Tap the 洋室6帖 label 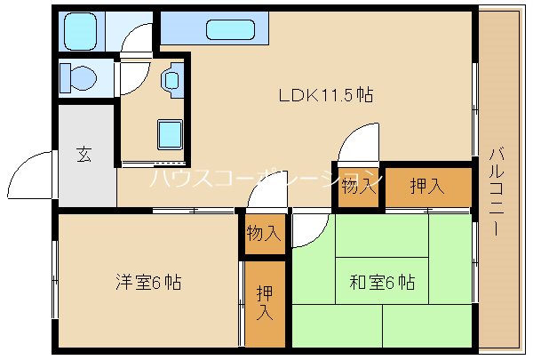click(x=147, y=283)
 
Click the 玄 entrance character click(x=83, y=155)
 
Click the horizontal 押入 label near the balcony click(x=426, y=186)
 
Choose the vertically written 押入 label click(x=265, y=303)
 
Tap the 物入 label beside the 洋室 click(x=264, y=235)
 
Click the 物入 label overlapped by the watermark click(x=359, y=186)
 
